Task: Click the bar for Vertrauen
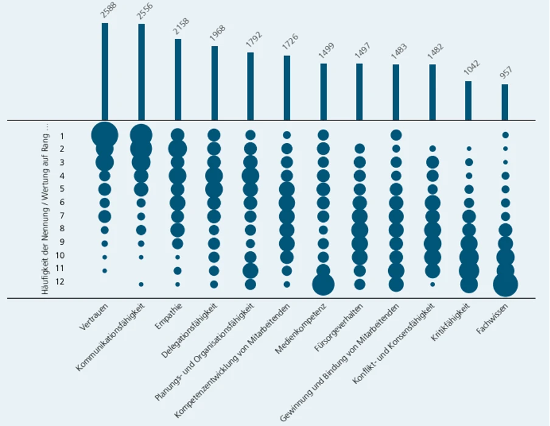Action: (105, 72)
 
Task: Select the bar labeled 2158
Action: (178, 80)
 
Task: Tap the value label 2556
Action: (145, 12)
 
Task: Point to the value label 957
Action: (506, 72)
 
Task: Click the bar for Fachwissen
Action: (505, 102)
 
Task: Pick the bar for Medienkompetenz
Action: (324, 92)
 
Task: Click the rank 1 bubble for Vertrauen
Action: (105, 135)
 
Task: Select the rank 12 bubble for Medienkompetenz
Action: (324, 284)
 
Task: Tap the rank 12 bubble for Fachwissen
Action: (506, 284)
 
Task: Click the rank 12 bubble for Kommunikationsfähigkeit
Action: (141, 284)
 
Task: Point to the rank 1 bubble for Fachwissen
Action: (506, 135)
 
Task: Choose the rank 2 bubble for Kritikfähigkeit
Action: (469, 148)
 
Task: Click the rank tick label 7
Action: (62, 215)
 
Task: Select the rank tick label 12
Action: (60, 282)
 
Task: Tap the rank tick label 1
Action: (62, 136)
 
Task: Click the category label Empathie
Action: (169, 316)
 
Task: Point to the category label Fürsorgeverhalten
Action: (339, 327)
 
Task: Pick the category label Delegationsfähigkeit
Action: (189, 330)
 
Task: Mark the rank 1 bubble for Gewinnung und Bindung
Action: (396, 135)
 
